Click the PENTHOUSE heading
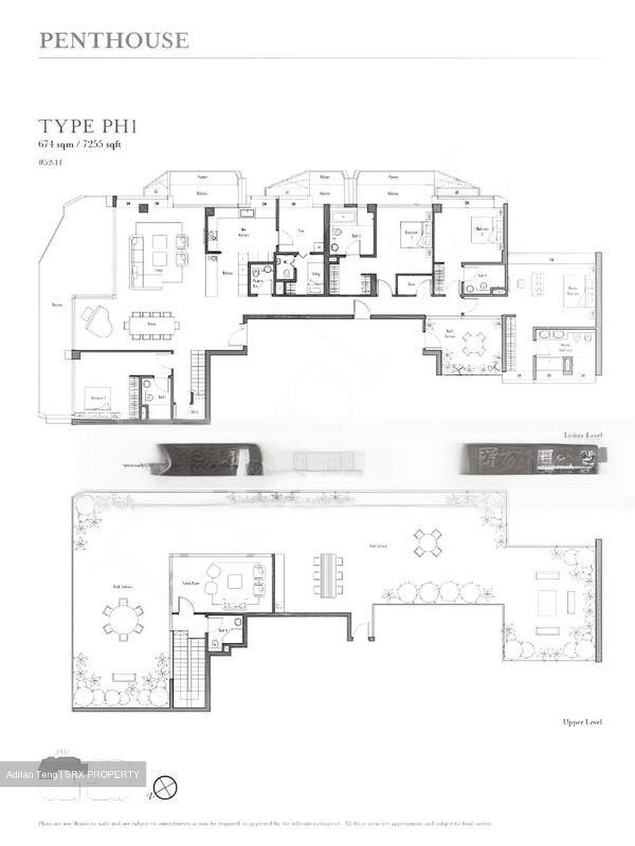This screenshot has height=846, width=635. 114,40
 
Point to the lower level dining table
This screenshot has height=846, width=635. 152,325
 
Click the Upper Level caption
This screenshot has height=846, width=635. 581,722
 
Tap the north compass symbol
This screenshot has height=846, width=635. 165,786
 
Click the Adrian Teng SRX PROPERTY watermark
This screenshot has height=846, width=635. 73,774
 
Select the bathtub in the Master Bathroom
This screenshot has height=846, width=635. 552,367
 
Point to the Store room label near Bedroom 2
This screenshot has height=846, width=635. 412,284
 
